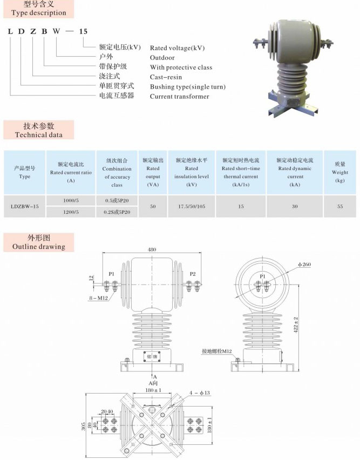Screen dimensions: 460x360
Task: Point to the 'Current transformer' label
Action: click(179, 97)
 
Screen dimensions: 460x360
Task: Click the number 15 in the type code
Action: click(83, 31)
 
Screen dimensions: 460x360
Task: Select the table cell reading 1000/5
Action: click(71, 201)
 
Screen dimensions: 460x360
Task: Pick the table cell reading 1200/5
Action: click(71, 212)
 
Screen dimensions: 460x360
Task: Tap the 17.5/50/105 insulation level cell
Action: click(191, 206)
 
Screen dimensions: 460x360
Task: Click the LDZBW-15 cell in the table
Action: click(25, 206)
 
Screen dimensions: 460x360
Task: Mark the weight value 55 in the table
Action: click(340, 206)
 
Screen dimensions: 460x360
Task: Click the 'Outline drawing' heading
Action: click(38, 247)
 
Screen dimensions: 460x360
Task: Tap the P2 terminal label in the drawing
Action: click(193, 274)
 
